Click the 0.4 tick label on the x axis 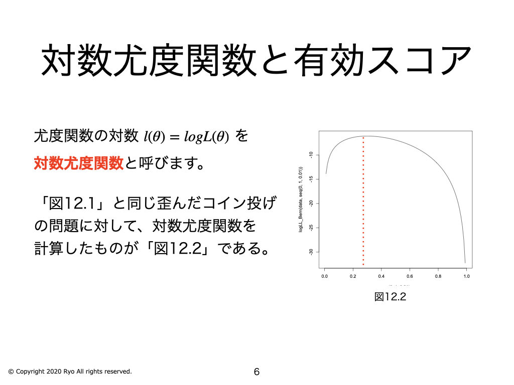click(x=381, y=276)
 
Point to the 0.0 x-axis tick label click(x=324, y=276)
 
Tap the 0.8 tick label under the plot click(x=438, y=276)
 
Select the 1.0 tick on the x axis click(x=467, y=276)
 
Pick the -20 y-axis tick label click(x=312, y=203)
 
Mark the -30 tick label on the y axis click(x=312, y=252)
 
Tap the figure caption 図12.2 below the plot click(x=390, y=297)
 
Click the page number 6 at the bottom click(x=256, y=372)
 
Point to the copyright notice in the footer click(x=70, y=371)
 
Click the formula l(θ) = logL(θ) click(x=186, y=136)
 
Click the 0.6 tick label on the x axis click(x=410, y=276)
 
